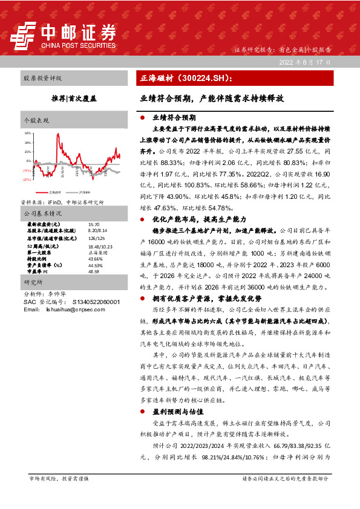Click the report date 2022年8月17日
pyautogui.click(x=306, y=62)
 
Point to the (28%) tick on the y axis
pyautogui.click(x=27, y=180)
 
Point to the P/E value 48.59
pyautogui.click(x=94, y=271)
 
